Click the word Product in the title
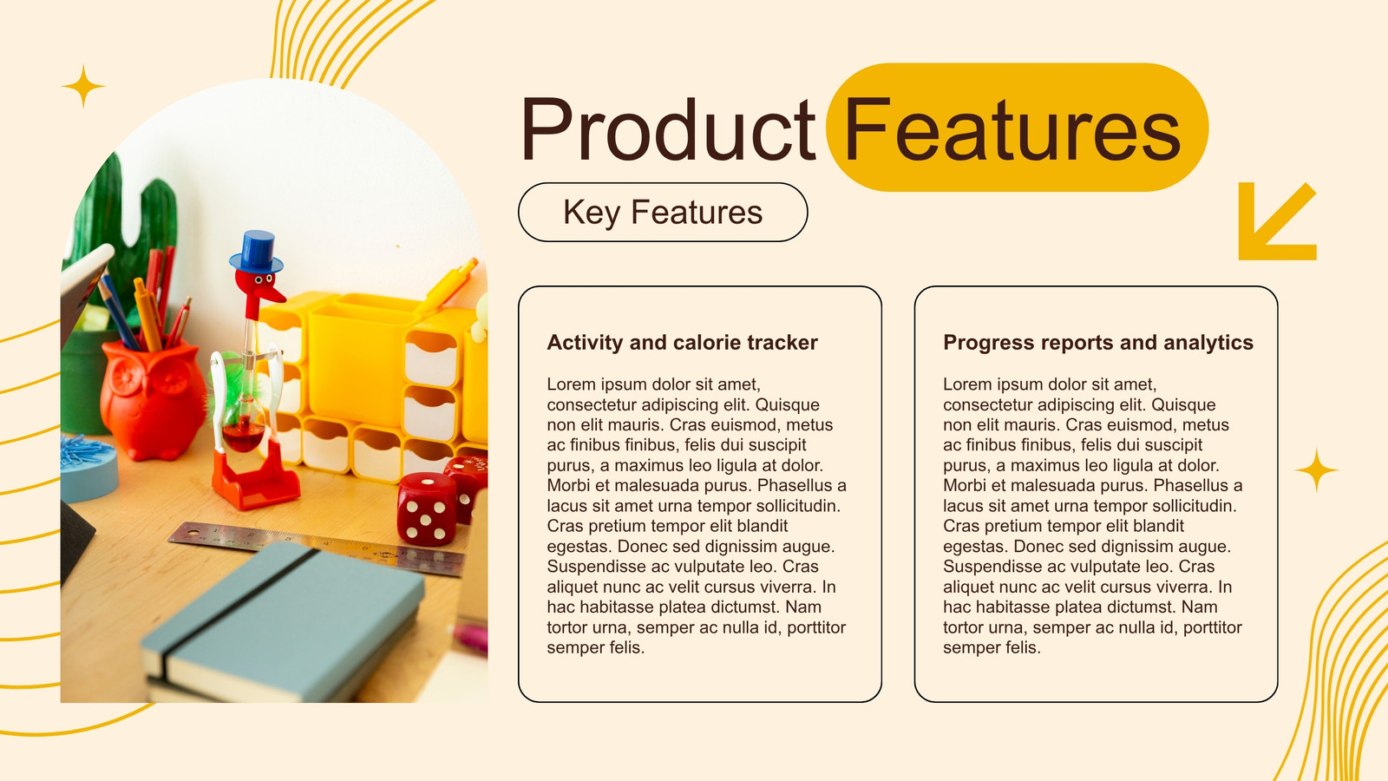click(668, 129)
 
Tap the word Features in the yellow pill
click(1012, 129)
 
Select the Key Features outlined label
click(663, 212)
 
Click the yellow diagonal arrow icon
click(1276, 221)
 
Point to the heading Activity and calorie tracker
click(682, 342)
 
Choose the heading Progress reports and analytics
click(1098, 342)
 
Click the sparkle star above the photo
click(83, 86)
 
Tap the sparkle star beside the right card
click(1316, 469)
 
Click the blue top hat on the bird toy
click(257, 252)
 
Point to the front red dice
click(427, 509)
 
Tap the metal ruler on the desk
click(316, 547)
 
